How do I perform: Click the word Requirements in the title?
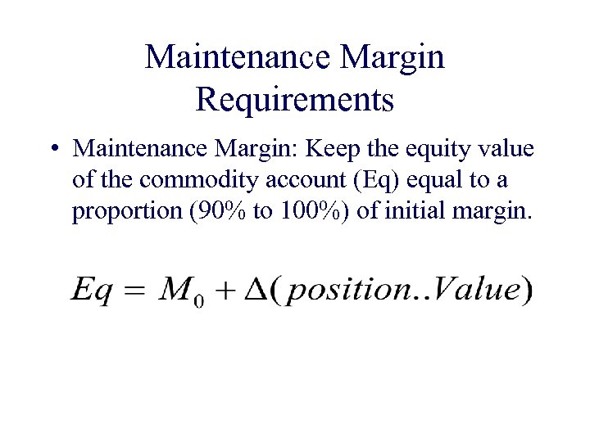coord(295,99)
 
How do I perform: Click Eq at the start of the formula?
coord(91,291)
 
